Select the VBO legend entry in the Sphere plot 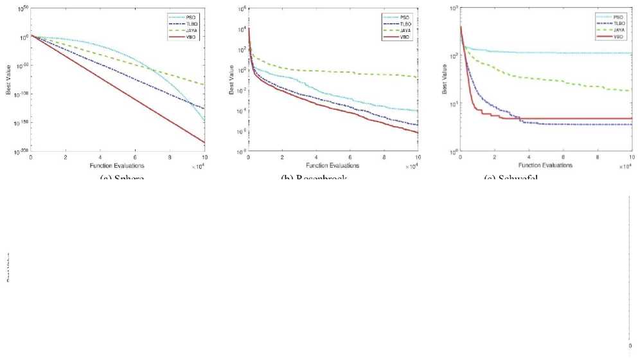191,37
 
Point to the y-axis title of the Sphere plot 8,84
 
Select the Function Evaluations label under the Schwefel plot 545,166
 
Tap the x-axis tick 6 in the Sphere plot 135,157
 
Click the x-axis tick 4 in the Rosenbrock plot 316,157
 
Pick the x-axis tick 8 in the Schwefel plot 598,157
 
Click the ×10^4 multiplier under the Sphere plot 197,166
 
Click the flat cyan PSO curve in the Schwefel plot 546,53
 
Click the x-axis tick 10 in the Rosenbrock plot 418,157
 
